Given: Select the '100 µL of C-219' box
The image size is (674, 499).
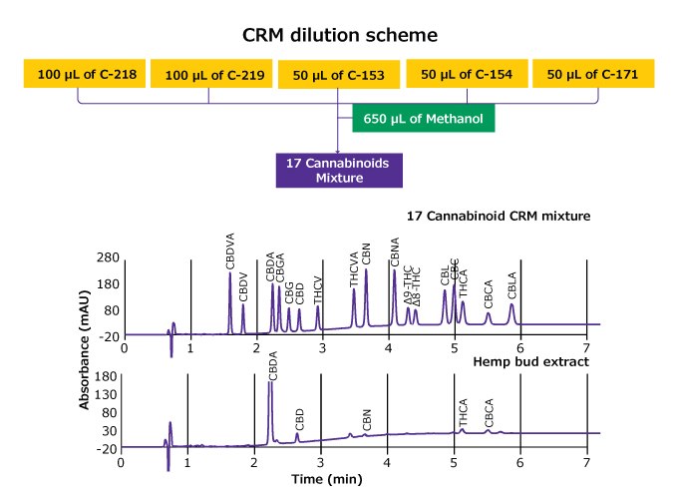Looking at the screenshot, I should [208, 73].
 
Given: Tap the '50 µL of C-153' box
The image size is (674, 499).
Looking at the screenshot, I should [338, 73].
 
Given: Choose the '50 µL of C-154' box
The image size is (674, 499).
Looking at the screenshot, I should [466, 73].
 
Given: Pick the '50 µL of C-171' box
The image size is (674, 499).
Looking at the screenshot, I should [594, 73].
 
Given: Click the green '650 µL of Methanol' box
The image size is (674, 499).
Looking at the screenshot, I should [424, 120].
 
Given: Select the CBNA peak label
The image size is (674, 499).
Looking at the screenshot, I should [395, 253].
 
